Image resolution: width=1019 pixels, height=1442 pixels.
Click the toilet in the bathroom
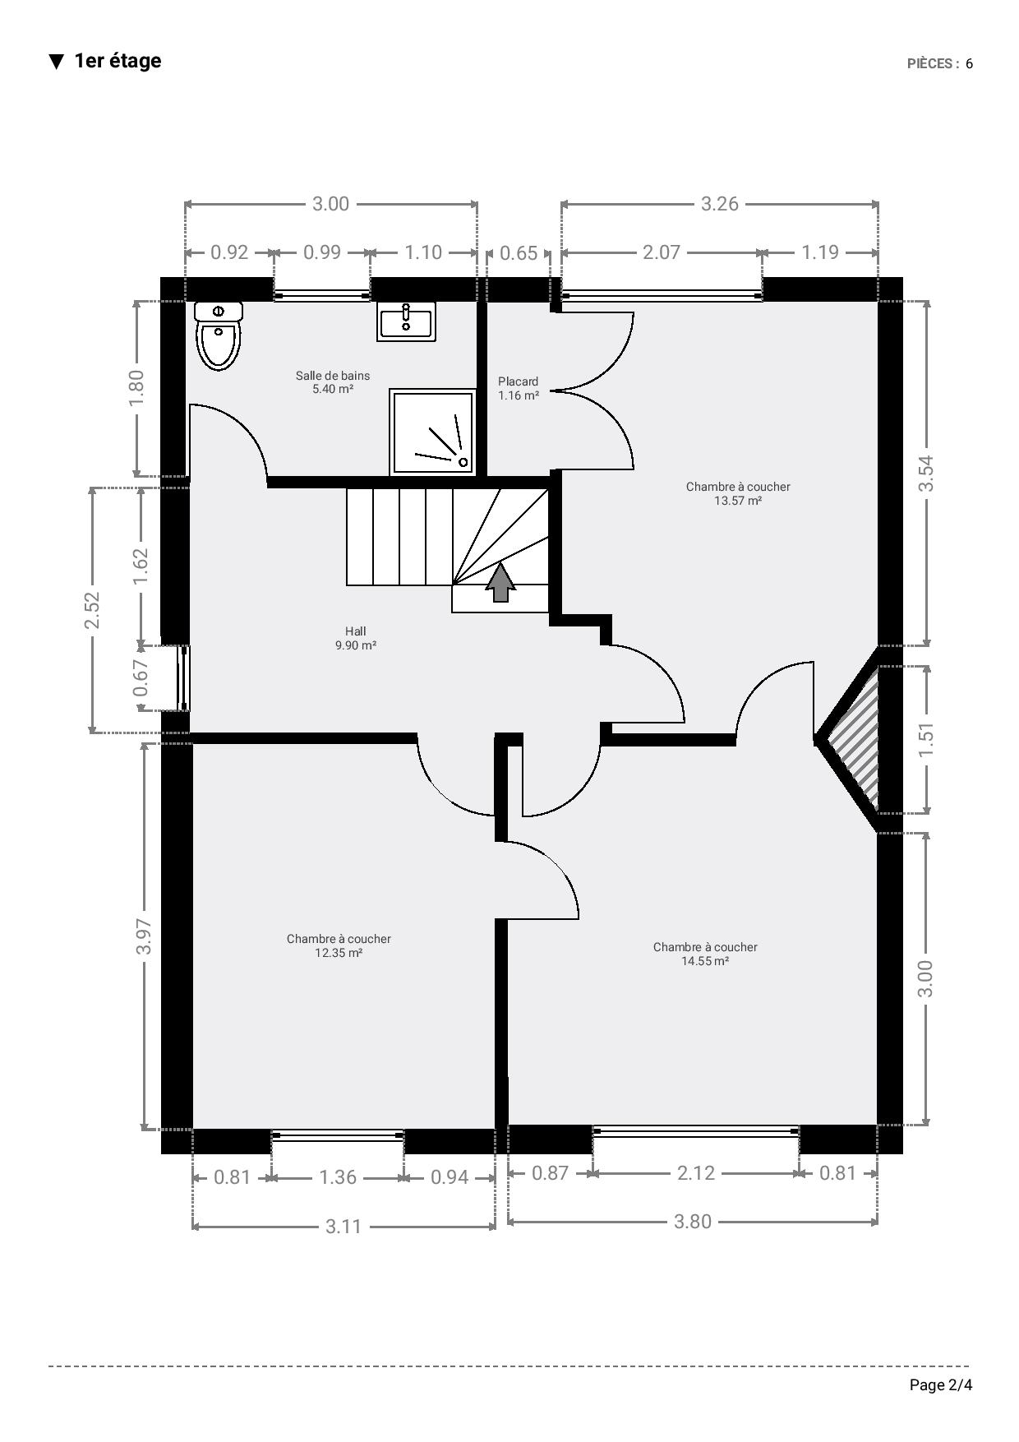click(219, 335)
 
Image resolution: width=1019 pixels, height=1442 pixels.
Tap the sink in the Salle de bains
click(407, 321)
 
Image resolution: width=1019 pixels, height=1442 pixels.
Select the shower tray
click(433, 432)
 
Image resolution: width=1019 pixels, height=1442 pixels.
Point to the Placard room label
click(519, 388)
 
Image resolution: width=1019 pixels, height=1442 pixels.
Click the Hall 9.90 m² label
click(356, 638)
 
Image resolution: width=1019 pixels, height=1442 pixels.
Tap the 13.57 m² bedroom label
click(738, 493)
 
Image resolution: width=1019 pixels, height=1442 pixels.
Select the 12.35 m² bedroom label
click(339, 945)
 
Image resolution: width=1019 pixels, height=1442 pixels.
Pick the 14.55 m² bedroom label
click(705, 954)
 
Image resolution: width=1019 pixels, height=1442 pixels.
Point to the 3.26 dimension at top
click(720, 204)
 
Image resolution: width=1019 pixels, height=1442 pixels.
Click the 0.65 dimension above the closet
click(519, 253)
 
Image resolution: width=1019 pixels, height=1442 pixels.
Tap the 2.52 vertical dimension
click(92, 610)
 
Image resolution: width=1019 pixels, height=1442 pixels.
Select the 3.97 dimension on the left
click(145, 936)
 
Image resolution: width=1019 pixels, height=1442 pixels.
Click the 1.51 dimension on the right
click(926, 740)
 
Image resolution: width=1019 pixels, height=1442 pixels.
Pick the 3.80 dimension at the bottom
click(693, 1222)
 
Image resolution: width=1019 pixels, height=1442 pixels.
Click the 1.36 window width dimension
click(338, 1177)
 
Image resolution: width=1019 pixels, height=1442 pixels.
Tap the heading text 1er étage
click(118, 61)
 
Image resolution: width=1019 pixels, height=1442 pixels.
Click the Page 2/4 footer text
click(941, 1385)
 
